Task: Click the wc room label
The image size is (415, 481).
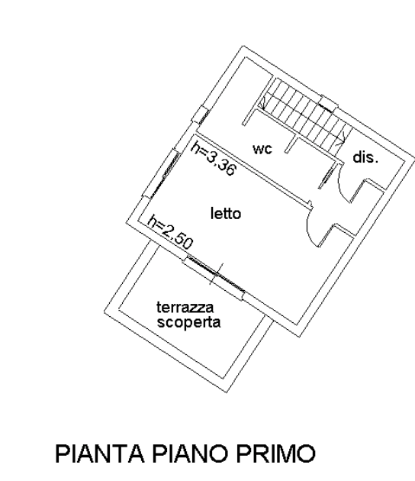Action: click(x=262, y=149)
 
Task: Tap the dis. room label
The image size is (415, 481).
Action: click(x=365, y=157)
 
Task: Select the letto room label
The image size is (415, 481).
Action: click(x=226, y=213)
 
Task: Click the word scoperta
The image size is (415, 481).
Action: click(x=188, y=322)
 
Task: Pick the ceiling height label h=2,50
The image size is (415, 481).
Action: click(x=170, y=232)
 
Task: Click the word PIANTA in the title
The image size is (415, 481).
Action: click(x=100, y=454)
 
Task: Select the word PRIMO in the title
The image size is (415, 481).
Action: click(x=276, y=454)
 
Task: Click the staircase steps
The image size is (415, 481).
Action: click(x=304, y=111)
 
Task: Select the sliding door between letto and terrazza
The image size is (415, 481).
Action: click(x=216, y=274)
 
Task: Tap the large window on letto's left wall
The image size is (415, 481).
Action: click(x=161, y=173)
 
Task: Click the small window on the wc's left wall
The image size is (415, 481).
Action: click(x=201, y=115)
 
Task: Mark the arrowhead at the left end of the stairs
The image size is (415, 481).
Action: click(x=263, y=102)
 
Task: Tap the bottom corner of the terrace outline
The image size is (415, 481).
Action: click(x=227, y=392)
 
